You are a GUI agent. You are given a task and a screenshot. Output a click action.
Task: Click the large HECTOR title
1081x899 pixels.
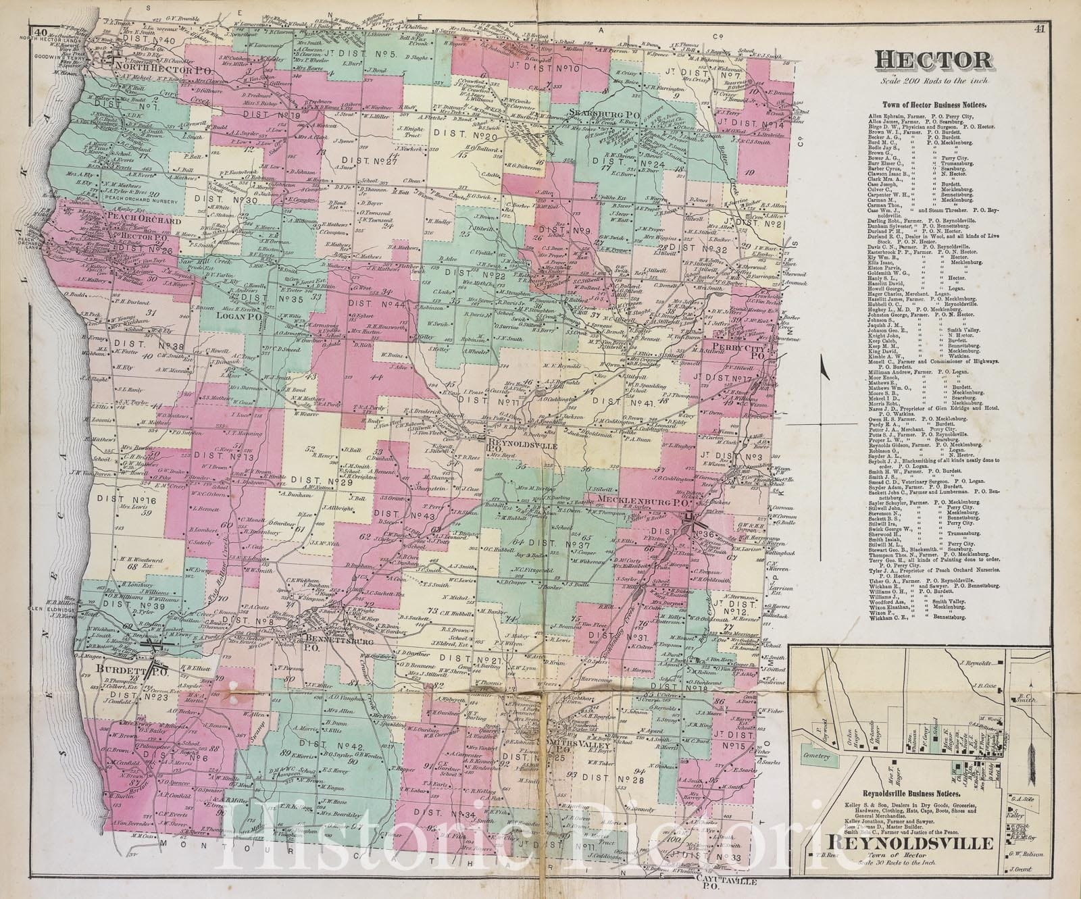click(935, 61)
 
